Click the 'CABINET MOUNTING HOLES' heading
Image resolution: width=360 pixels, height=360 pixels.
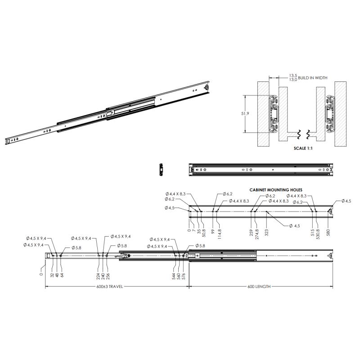276,190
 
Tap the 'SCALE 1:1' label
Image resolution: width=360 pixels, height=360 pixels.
303,148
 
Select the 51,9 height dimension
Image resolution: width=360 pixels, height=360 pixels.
245,113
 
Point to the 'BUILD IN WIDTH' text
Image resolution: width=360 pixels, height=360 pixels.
312,78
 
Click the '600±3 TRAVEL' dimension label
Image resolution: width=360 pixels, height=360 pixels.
109,287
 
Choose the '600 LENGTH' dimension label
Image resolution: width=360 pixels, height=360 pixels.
259,287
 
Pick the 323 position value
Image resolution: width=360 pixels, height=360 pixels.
266,233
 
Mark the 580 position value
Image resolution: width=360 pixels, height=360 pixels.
328,233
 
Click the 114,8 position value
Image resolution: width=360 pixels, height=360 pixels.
219,234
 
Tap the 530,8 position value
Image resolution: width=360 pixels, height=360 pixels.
318,234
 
